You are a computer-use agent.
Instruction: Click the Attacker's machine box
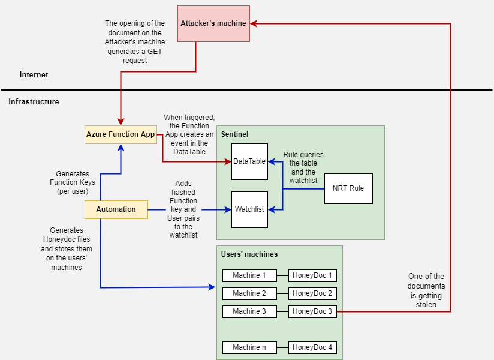point(213,23)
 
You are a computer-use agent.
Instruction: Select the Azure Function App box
point(121,134)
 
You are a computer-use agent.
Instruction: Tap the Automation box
point(116,209)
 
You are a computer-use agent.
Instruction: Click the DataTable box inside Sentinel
point(249,161)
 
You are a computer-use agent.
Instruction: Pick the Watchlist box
point(249,209)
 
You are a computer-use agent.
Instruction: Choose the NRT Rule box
point(348,189)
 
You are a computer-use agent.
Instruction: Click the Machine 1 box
point(249,276)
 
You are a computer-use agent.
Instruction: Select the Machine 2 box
point(249,293)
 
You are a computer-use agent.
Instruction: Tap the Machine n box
point(249,347)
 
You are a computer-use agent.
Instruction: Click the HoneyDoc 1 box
point(312,276)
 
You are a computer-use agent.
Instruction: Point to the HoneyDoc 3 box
point(312,311)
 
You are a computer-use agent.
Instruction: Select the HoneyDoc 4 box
point(312,347)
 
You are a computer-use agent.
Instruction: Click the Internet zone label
point(34,75)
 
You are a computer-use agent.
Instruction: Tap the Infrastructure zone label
point(34,101)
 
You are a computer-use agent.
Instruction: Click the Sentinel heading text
point(235,134)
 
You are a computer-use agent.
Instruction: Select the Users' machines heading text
point(249,254)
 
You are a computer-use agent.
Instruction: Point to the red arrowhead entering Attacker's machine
point(254,23)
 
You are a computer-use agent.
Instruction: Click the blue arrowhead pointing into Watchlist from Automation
point(228,209)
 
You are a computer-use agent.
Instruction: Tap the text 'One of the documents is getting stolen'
point(426,290)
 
